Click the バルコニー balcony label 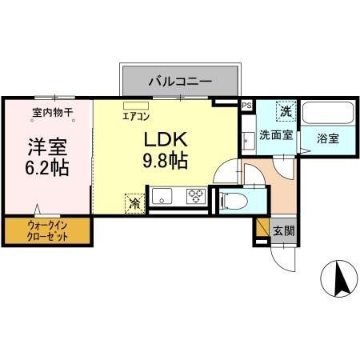(179, 81)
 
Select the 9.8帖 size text (165, 160)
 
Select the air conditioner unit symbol (136, 104)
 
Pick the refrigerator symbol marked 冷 (134, 203)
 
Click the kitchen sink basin (162, 195)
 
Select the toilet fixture (234, 198)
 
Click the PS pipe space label (246, 105)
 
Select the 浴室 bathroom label (327, 138)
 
